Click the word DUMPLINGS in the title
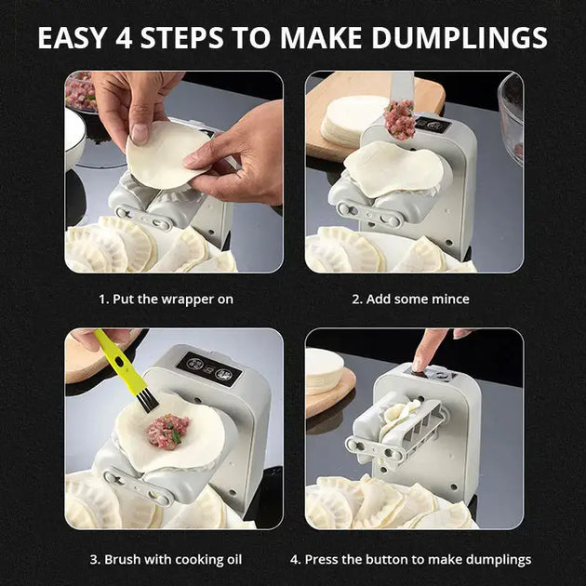(x=459, y=38)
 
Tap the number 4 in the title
(x=124, y=38)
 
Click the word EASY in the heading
(x=73, y=38)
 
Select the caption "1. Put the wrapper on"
(x=166, y=300)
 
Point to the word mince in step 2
(x=450, y=299)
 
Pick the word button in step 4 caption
(x=386, y=559)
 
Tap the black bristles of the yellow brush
(x=147, y=400)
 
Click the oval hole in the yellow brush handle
(x=119, y=362)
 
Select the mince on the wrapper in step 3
(x=167, y=432)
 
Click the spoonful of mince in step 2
(x=400, y=119)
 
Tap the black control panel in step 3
(x=209, y=368)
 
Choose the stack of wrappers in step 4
(x=324, y=370)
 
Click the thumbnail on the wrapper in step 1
(x=140, y=134)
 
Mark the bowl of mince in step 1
(x=80, y=92)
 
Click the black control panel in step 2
(x=434, y=126)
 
